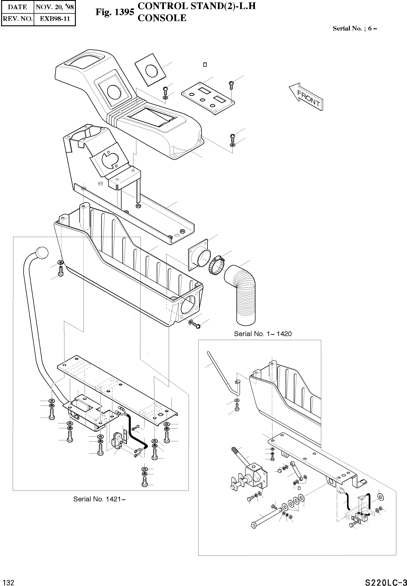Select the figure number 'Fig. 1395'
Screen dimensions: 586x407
click(x=115, y=12)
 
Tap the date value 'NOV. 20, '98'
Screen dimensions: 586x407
click(x=55, y=7)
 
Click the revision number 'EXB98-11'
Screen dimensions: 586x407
click(x=55, y=19)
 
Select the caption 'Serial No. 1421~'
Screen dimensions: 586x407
click(x=99, y=499)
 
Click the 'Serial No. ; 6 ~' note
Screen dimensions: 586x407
click(x=355, y=28)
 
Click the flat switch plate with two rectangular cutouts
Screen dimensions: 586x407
click(x=208, y=98)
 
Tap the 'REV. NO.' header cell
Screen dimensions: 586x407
click(x=17, y=19)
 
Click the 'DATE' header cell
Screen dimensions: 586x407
click(x=17, y=7)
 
